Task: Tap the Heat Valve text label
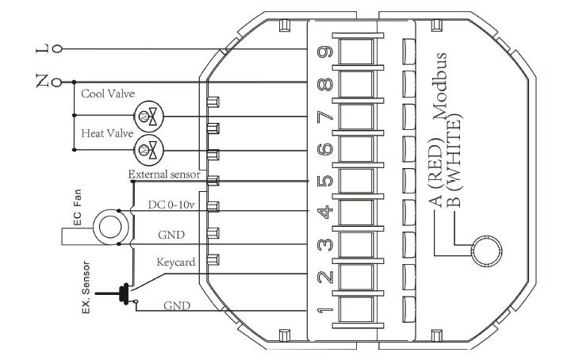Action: coord(106,134)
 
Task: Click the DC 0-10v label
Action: coord(173,205)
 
